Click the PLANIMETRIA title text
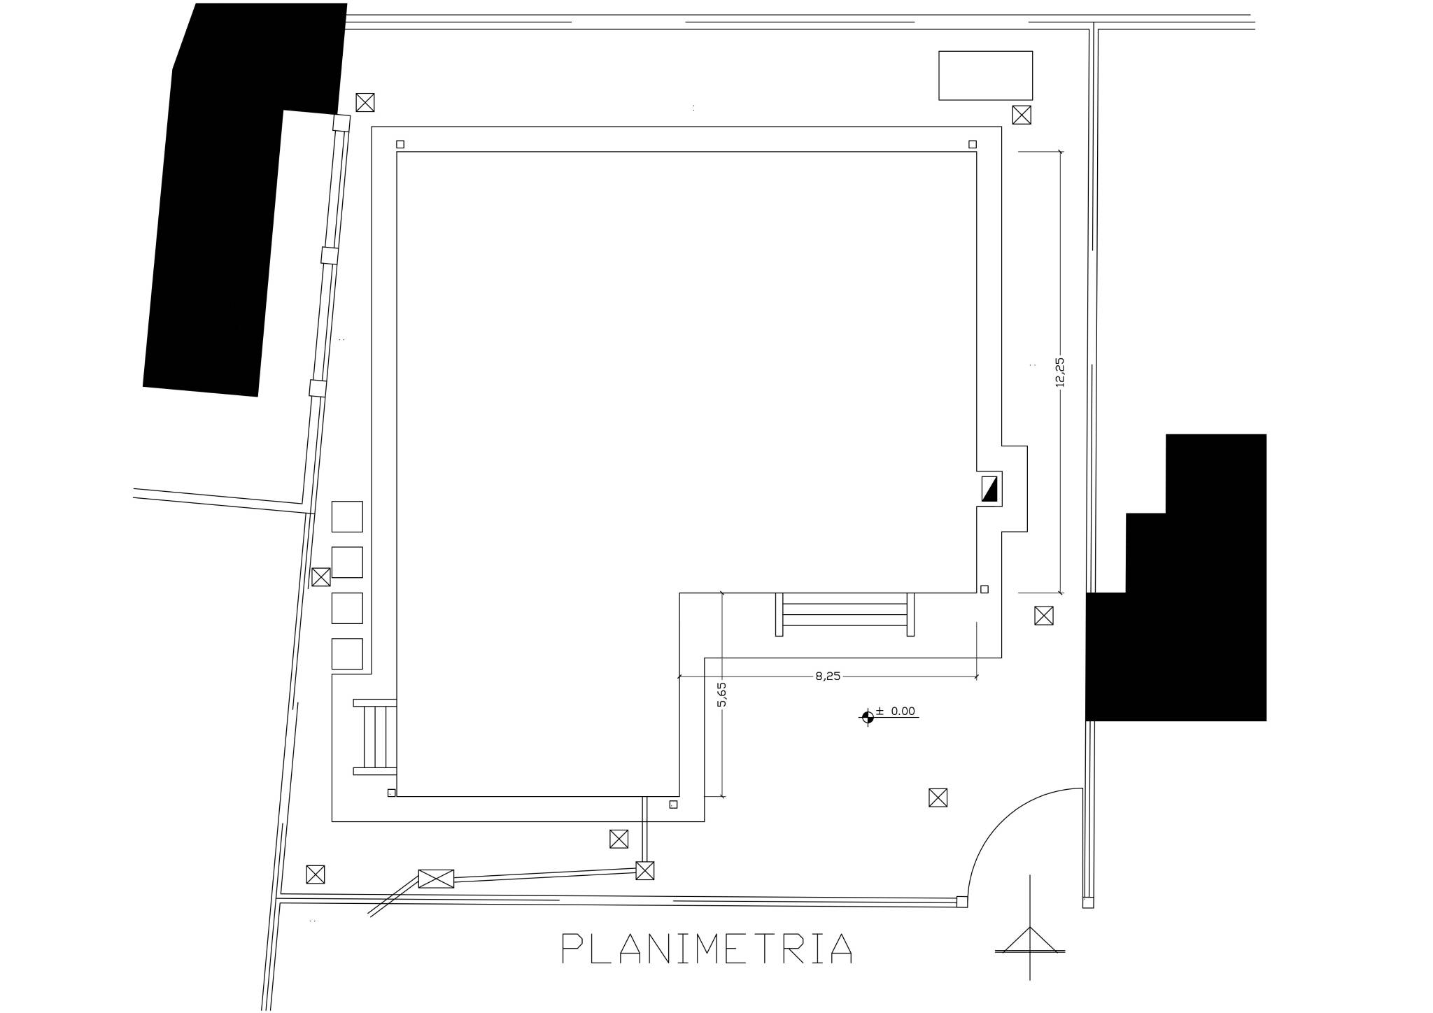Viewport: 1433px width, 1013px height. pyautogui.click(x=707, y=948)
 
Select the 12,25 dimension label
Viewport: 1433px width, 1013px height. pyautogui.click(x=1059, y=372)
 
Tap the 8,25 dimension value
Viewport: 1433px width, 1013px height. pyautogui.click(x=828, y=676)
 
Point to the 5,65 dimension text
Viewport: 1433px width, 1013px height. pyautogui.click(x=722, y=694)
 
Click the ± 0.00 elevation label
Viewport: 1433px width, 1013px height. pyautogui.click(x=895, y=711)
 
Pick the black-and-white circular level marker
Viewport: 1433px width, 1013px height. pyautogui.click(x=868, y=716)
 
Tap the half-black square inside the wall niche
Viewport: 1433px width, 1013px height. pyautogui.click(x=989, y=488)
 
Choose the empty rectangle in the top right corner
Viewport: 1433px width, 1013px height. pyautogui.click(x=985, y=76)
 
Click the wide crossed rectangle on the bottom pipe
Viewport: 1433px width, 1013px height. pyautogui.click(x=436, y=879)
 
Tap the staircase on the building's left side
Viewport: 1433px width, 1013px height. pyautogui.click(x=375, y=737)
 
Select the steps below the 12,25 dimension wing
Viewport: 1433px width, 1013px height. pyautogui.click(x=845, y=614)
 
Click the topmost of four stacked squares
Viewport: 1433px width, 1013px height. pyautogui.click(x=347, y=516)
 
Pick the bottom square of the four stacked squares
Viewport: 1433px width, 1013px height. pyautogui.click(x=347, y=653)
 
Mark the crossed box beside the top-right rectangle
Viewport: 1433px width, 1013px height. pyautogui.click(x=1022, y=115)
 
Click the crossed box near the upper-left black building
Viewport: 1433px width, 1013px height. pyautogui.click(x=365, y=102)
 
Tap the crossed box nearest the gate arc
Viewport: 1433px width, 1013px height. pyautogui.click(x=938, y=798)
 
